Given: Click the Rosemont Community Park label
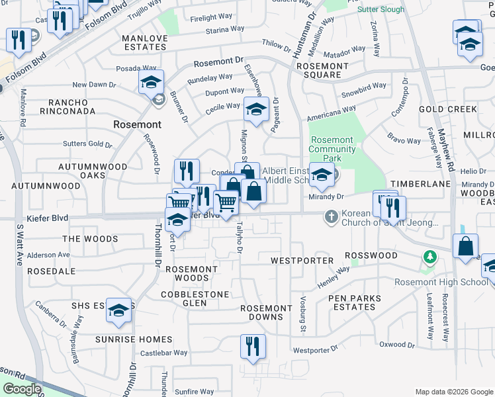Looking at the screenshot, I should pyautogui.click(x=332, y=149).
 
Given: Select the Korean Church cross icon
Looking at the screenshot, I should pyautogui.click(x=331, y=216).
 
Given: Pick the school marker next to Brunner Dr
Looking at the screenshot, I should pyautogui.click(x=151, y=83).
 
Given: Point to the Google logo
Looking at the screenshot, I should pyautogui.click(x=21, y=390).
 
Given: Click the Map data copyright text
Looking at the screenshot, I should pyautogui.click(x=453, y=392).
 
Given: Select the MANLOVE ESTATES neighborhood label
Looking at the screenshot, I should pyautogui.click(x=145, y=42).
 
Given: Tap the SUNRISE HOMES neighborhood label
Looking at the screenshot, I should pyautogui.click(x=137, y=339).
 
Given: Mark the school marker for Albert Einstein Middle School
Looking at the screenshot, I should pyautogui.click(x=322, y=176).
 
